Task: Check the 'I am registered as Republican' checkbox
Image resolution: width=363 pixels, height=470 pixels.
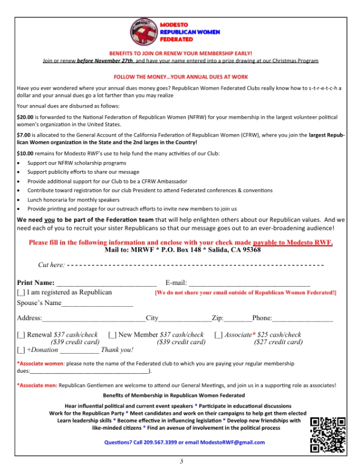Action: click(21, 293)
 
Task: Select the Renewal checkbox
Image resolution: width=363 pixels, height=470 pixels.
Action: click(21, 335)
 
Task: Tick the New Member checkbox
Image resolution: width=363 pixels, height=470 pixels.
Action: click(113, 335)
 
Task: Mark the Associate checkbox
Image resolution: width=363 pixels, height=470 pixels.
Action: click(218, 335)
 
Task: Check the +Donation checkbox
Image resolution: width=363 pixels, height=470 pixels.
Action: click(21, 350)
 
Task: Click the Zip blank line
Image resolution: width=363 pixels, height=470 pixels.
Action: click(237, 319)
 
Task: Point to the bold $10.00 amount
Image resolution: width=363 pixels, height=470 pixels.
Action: click(26, 154)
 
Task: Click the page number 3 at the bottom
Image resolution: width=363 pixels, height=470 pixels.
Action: click(181, 461)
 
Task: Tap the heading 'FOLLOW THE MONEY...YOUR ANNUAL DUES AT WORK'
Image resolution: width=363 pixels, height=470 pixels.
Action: click(181, 77)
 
